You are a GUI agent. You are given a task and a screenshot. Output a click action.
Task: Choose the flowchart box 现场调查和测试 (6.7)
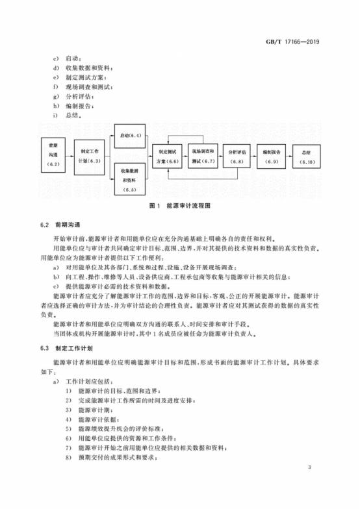pyautogui.click(x=203, y=155)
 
